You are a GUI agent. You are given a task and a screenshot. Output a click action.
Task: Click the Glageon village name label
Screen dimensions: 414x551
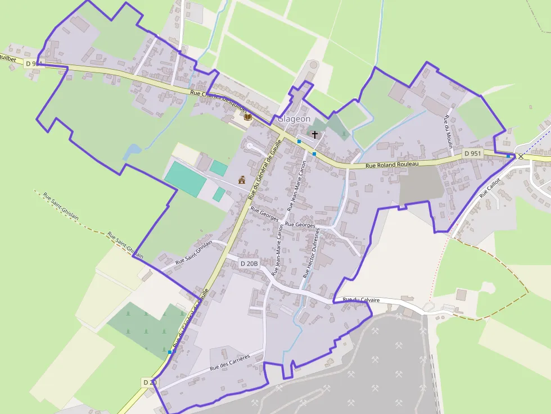(x=294, y=119)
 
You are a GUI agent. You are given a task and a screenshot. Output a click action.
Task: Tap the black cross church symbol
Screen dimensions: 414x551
(x=315, y=135)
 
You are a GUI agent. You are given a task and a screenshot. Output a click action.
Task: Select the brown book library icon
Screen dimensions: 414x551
(x=247, y=116)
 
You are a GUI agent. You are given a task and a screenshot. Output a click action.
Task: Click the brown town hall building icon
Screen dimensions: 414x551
(x=242, y=180)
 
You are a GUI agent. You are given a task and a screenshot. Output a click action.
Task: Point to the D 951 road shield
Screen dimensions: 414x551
(x=473, y=153)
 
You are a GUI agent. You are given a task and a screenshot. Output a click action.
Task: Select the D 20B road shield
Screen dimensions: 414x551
(x=249, y=263)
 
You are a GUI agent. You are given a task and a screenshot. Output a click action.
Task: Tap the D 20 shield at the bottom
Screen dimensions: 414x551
(x=150, y=383)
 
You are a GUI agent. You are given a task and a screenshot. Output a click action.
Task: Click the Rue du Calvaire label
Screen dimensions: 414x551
(x=361, y=301)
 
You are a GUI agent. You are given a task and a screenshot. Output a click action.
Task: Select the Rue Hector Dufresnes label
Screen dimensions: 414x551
(x=311, y=253)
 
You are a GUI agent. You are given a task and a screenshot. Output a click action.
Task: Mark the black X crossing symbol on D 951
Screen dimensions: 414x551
(x=521, y=156)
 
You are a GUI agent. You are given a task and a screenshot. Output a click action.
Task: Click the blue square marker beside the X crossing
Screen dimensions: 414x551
(x=508, y=156)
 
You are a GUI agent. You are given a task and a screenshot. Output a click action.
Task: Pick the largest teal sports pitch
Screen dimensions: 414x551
(x=185, y=178)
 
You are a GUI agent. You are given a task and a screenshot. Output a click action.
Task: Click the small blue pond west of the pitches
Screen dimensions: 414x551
(x=133, y=151)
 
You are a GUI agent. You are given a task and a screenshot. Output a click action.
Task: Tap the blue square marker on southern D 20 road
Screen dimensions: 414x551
(x=170, y=352)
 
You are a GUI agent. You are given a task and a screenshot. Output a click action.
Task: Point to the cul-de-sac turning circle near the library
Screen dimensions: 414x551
(x=249, y=145)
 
